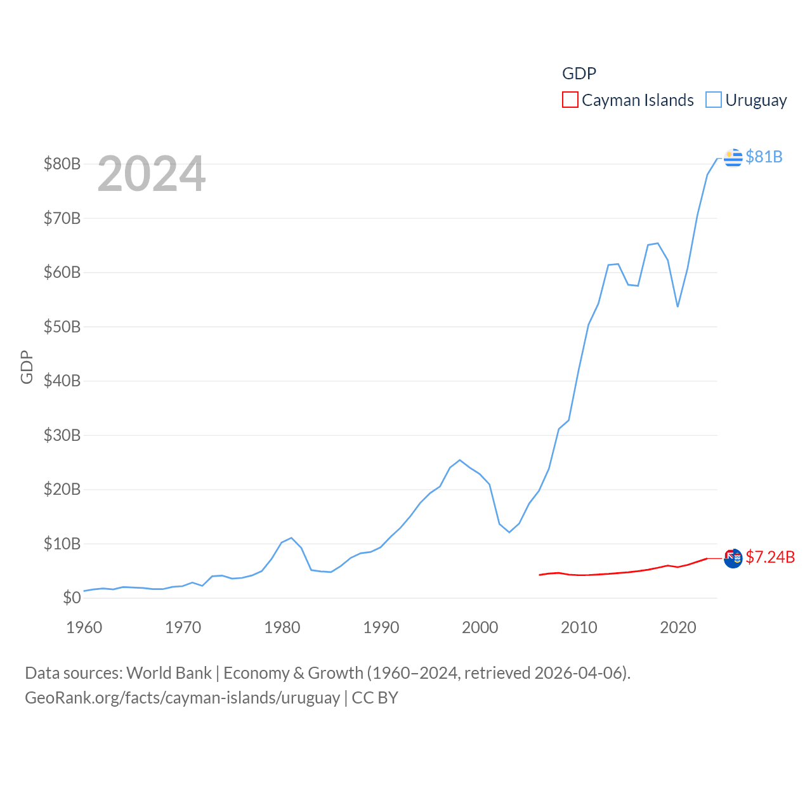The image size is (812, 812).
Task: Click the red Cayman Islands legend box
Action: tap(570, 100)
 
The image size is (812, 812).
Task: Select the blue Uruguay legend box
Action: tap(714, 100)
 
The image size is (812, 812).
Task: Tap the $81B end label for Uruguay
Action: tap(764, 157)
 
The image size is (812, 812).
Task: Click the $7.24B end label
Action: tap(770, 557)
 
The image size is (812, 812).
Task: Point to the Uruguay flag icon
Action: tap(733, 157)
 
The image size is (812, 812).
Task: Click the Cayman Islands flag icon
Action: tap(733, 558)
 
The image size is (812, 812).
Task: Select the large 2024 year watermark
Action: tap(151, 174)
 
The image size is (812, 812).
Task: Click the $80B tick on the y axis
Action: tap(62, 164)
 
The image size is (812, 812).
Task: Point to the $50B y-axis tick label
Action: tap(62, 327)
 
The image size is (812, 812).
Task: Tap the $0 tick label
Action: tap(72, 598)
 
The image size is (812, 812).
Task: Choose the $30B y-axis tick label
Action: tap(62, 435)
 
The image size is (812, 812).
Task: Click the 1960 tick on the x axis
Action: tap(84, 627)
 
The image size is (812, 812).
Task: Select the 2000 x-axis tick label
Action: tap(480, 627)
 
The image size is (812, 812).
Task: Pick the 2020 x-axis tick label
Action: tap(678, 627)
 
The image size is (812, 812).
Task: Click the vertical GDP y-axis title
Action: tap(27, 367)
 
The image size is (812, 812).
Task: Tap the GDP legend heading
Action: tap(579, 74)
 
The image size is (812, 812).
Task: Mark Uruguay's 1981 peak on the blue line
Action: tap(291, 538)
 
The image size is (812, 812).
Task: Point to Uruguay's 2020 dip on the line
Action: tap(678, 306)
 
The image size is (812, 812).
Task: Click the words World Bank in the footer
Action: tap(169, 672)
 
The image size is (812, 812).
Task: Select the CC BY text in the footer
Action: tap(375, 698)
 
